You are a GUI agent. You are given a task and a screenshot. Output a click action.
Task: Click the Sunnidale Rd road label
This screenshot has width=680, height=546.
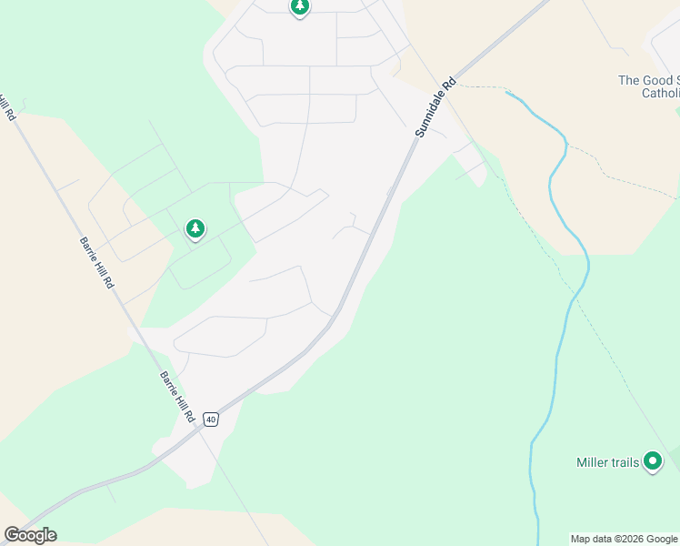coord(435,106)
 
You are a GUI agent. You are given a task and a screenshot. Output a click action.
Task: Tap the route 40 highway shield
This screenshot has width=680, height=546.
coord(211,419)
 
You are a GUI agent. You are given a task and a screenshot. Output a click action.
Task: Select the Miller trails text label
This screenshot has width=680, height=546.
coord(607,462)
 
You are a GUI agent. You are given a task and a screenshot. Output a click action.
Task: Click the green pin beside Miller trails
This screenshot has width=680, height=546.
coord(653,461)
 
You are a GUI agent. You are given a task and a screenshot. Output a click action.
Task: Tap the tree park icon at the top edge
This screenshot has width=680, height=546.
coord(299,7)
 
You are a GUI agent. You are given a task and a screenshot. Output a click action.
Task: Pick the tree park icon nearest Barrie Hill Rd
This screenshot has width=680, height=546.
coord(195,228)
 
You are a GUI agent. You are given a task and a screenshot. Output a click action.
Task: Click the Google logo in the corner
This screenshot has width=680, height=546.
coord(30,535)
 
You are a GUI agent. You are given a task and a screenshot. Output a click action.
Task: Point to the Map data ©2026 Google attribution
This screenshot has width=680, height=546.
coord(625,539)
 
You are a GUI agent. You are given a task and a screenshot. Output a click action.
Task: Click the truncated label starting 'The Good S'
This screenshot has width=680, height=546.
coord(648,80)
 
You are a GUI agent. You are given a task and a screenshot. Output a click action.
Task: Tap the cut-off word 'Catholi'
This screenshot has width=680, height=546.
coord(660,93)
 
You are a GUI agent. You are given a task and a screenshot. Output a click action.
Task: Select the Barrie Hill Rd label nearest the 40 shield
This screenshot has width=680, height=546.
coord(177,396)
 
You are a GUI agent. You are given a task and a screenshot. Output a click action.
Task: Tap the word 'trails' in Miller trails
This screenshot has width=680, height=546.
coord(625,462)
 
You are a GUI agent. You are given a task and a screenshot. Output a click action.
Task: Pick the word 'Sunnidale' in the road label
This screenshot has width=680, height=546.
coord(431,114)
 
